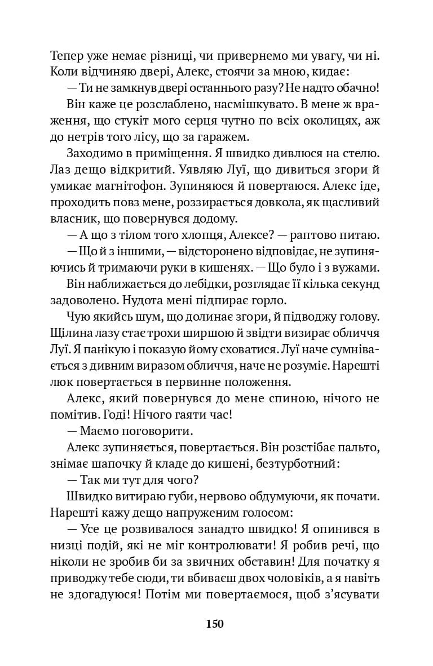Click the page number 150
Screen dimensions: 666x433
[215, 624]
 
